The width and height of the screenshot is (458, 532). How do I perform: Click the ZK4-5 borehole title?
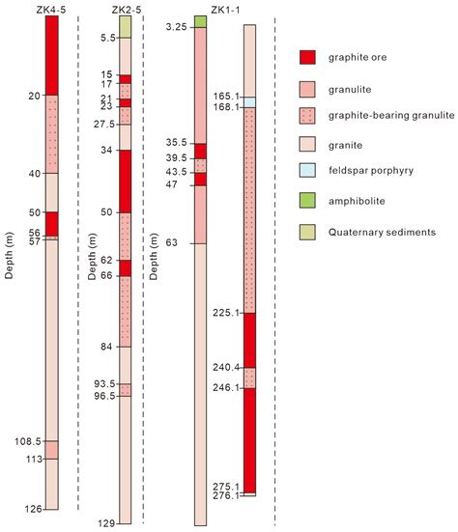pyautogui.click(x=50, y=9)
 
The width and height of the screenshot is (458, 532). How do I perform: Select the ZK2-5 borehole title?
pyautogui.click(x=125, y=9)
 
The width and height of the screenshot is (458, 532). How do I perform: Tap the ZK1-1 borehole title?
pyautogui.click(x=199, y=9)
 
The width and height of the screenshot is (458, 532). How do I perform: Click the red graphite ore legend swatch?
pyautogui.click(x=306, y=58)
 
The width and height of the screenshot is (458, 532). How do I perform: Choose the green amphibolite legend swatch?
pyautogui.click(x=306, y=201)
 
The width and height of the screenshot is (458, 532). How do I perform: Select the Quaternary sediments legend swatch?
pyautogui.click(x=306, y=232)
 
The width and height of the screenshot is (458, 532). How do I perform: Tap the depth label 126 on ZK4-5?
pyautogui.click(x=32, y=509)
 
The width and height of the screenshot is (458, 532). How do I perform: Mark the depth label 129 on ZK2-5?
pyautogui.click(x=106, y=523)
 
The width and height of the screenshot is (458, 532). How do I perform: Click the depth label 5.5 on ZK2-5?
pyautogui.click(x=107, y=38)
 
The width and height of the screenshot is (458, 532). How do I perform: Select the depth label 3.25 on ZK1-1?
pyautogui.click(x=177, y=27)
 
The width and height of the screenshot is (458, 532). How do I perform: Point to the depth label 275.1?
pyautogui.click(x=224, y=487)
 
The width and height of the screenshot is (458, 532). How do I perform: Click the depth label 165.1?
pyautogui.click(x=224, y=97)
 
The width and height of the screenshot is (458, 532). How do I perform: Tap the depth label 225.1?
pyautogui.click(x=224, y=313)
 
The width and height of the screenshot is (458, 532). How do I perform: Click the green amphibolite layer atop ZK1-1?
pyautogui.click(x=200, y=21)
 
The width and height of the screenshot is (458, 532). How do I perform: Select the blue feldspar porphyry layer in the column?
pyautogui.click(x=249, y=102)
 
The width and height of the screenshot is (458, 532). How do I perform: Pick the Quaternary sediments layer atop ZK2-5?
pyautogui.click(x=125, y=26)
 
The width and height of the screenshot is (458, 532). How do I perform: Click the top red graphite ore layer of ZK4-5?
pyautogui.click(x=51, y=55)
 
